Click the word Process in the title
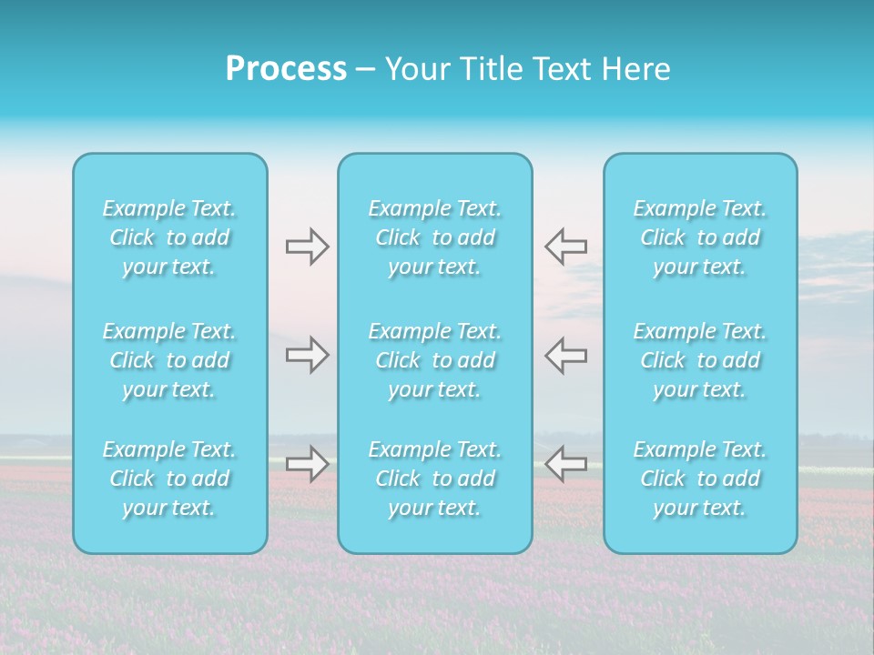(x=286, y=69)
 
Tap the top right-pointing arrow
(x=307, y=247)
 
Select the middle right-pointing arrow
(x=307, y=355)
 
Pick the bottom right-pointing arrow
(x=307, y=464)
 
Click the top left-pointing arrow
(x=565, y=247)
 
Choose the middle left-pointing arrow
(x=565, y=355)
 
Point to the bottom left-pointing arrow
(x=565, y=464)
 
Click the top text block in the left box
(x=169, y=237)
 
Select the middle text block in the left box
(x=169, y=360)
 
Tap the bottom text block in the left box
(x=169, y=479)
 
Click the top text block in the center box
(x=435, y=237)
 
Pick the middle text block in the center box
(x=435, y=360)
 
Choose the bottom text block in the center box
(x=435, y=479)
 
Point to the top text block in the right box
(x=700, y=237)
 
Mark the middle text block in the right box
(x=700, y=360)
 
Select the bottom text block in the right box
(x=700, y=479)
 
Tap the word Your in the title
(x=415, y=69)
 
